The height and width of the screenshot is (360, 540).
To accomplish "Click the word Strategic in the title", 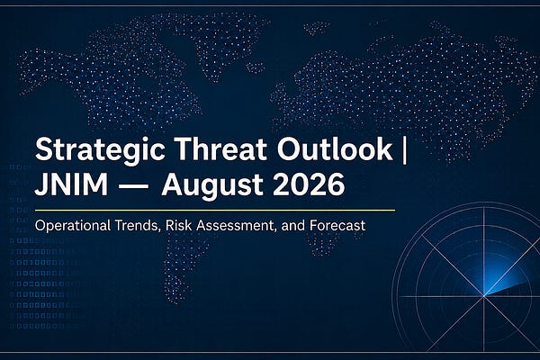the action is pyautogui.click(x=100, y=151).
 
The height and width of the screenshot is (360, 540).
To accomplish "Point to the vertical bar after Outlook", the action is pyautogui.click(x=404, y=150).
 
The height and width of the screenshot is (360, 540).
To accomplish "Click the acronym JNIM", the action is pyautogui.click(x=71, y=184).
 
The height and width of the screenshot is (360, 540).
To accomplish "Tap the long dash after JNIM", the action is pyautogui.click(x=133, y=186).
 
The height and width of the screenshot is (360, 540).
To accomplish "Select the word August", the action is pyautogui.click(x=212, y=186).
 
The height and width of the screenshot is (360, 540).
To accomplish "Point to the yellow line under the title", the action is pyautogui.click(x=215, y=210).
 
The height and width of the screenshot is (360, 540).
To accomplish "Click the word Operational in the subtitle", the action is pyautogui.click(x=73, y=226).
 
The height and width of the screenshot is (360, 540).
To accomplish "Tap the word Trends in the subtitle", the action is pyautogui.click(x=138, y=226).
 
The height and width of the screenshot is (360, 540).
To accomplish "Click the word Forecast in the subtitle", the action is pyautogui.click(x=337, y=226).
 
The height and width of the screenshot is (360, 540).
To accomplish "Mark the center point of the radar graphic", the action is pyautogui.click(x=484, y=296).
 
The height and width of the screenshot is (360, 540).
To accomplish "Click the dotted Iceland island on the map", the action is pyautogui.click(x=256, y=67).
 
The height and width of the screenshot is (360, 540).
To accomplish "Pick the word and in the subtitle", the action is pyautogui.click(x=293, y=226).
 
